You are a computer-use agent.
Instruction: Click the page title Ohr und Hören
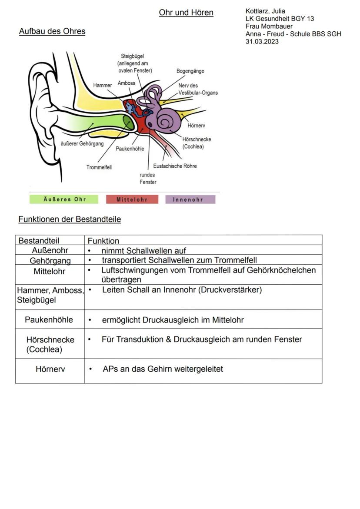[x=186, y=13]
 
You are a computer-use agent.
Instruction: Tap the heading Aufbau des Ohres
[x=52, y=31]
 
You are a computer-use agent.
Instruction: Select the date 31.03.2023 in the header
[x=262, y=42]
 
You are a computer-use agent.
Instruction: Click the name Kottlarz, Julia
[x=265, y=11]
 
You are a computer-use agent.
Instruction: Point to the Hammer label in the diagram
[x=103, y=85]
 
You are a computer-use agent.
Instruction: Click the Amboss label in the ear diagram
[x=127, y=83]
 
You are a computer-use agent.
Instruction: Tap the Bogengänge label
[x=190, y=71]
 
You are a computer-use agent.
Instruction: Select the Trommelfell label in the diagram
[x=99, y=167]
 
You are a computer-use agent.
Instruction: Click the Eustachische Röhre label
[x=175, y=166]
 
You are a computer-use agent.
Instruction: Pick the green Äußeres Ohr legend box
[x=64, y=200]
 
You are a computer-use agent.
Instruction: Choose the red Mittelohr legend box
[x=132, y=200]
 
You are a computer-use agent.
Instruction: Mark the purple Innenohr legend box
[x=190, y=200]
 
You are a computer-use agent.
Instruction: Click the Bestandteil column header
[x=39, y=240]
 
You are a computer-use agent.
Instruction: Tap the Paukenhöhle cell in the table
[x=49, y=320]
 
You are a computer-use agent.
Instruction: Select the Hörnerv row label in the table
[x=50, y=369]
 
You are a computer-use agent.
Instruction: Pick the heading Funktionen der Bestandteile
[x=70, y=220]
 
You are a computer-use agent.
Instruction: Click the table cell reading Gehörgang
[x=50, y=260]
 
